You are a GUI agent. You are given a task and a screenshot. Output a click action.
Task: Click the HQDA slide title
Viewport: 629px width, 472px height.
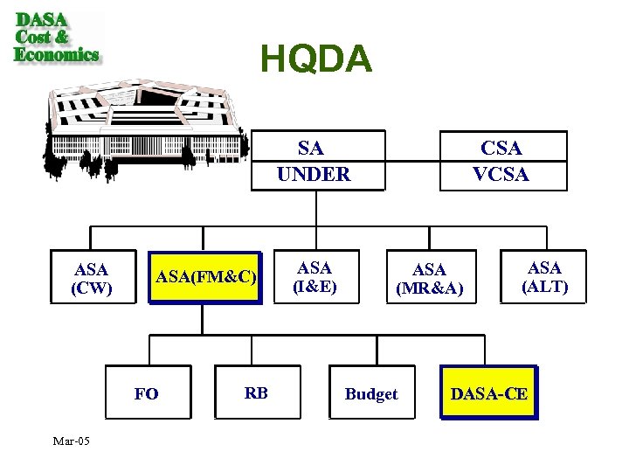click(316, 59)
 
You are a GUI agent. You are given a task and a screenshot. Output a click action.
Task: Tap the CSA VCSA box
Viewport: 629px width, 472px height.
click(501, 161)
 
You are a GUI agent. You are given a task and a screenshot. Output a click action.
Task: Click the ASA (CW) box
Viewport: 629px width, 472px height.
click(92, 278)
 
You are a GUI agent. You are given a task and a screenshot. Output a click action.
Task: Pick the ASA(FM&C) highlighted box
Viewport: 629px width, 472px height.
click(205, 278)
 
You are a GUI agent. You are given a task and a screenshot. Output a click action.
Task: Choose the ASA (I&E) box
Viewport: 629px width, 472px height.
click(314, 277)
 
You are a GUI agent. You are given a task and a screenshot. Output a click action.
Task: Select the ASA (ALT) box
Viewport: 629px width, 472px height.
click(544, 277)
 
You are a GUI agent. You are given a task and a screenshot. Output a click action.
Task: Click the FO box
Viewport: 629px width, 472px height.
click(147, 393)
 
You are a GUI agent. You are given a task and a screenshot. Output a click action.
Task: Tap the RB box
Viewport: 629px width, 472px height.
click(256, 392)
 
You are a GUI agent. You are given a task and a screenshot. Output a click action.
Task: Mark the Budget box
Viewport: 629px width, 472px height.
click(371, 394)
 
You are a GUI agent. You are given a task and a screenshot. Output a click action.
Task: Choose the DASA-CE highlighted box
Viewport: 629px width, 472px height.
click(488, 393)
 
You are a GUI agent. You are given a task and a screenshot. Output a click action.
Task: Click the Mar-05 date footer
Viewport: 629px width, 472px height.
click(70, 441)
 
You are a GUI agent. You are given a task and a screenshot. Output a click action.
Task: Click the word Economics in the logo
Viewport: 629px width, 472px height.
click(57, 54)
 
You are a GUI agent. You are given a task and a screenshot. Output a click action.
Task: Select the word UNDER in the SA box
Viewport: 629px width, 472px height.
click(314, 174)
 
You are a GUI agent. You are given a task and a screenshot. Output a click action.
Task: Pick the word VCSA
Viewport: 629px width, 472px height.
click(501, 174)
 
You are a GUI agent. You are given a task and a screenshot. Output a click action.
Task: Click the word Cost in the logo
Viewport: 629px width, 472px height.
click(34, 37)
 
